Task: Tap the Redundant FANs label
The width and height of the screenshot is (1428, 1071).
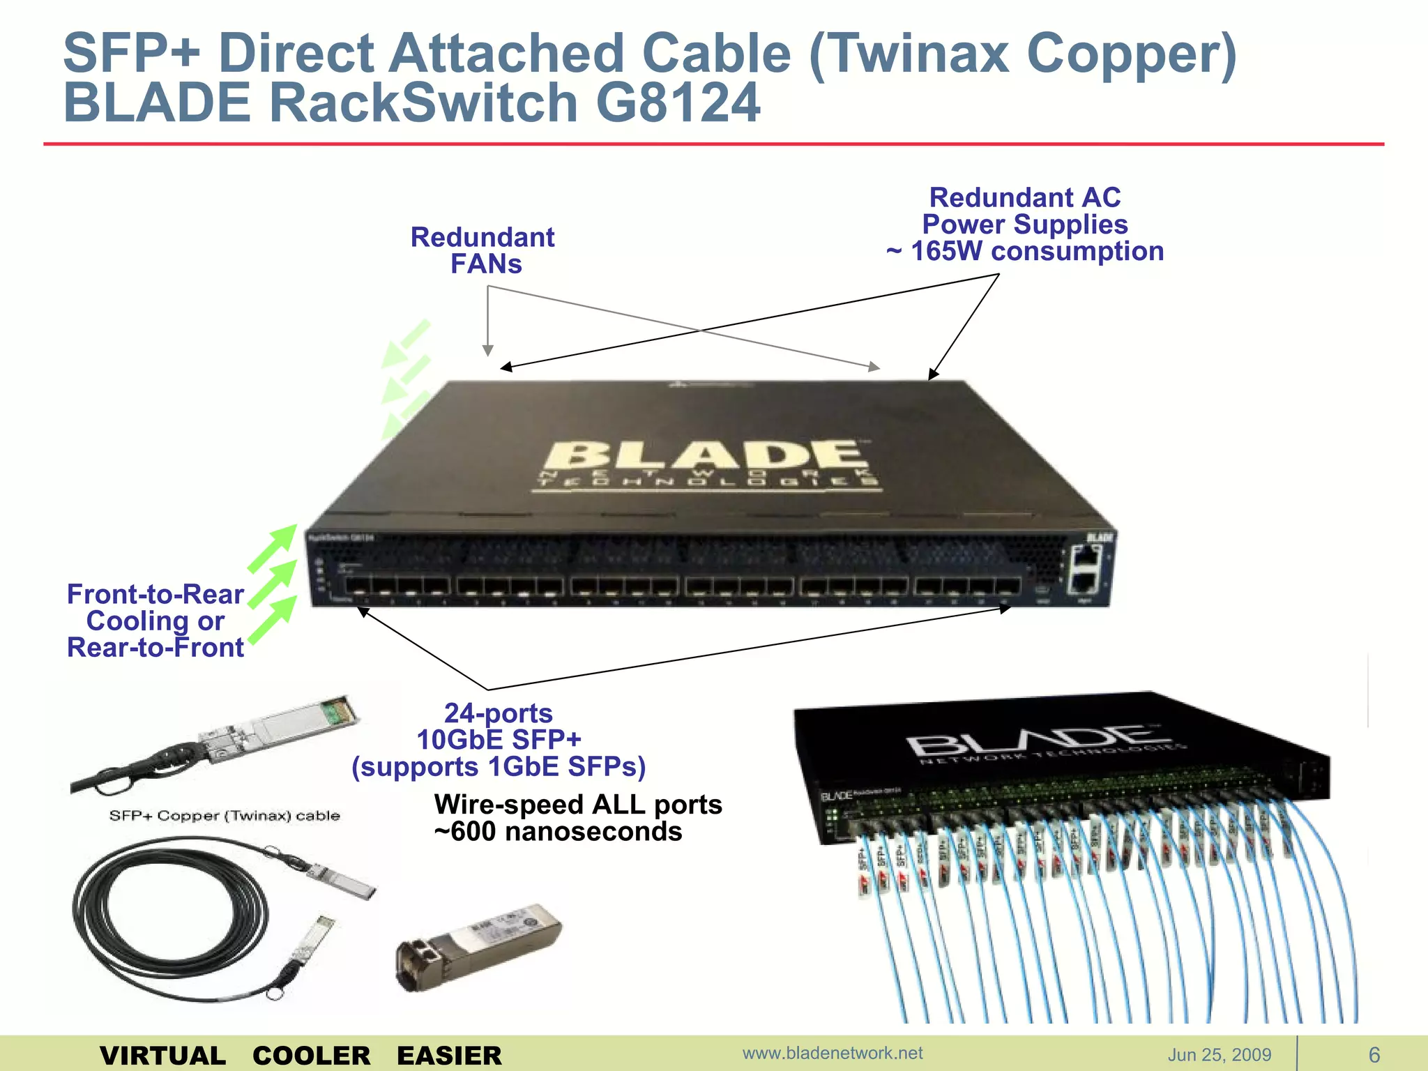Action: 483,250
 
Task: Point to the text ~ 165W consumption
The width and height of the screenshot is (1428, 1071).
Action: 1025,252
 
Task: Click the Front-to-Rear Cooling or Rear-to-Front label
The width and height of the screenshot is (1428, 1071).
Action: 155,621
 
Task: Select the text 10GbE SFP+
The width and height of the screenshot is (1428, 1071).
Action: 499,740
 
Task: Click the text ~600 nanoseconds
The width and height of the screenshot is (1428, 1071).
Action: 558,832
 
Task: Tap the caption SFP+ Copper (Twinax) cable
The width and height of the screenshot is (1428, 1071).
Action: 225,816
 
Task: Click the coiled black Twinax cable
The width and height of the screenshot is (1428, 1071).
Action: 167,920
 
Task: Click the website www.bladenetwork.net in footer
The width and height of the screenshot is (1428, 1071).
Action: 833,1053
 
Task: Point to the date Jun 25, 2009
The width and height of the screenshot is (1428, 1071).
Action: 1220,1055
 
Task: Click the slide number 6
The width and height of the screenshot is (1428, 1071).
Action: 1374,1055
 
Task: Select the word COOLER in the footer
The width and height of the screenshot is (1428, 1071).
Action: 311,1056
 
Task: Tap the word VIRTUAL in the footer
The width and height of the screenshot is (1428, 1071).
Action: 162,1056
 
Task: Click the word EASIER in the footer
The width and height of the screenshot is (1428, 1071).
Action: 449,1056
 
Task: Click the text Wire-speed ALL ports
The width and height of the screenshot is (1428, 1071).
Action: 577,805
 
